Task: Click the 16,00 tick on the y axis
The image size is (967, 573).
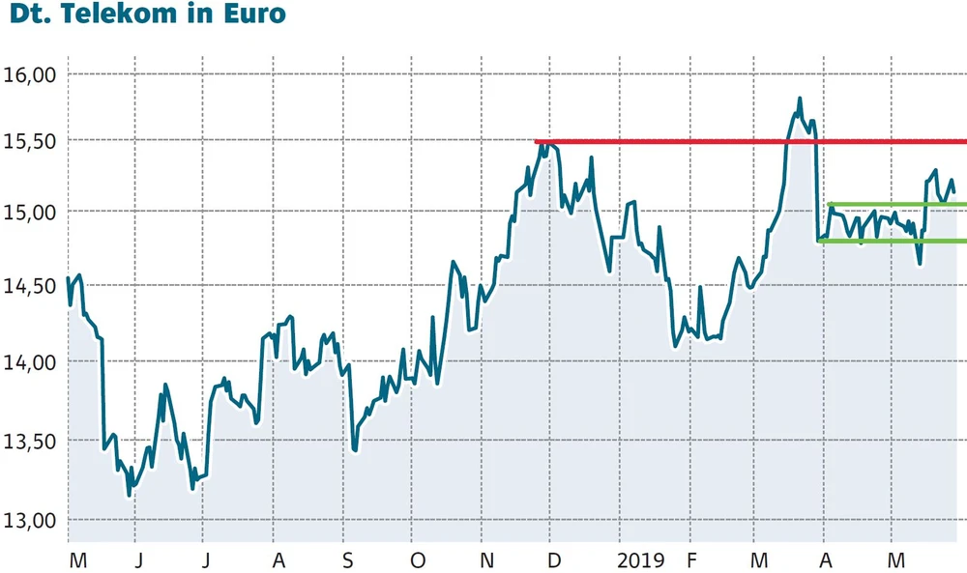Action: (x=33, y=74)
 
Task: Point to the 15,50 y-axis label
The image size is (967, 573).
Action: (x=33, y=140)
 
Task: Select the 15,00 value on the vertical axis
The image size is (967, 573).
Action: (x=33, y=212)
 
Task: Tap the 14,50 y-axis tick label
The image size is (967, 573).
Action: (x=33, y=285)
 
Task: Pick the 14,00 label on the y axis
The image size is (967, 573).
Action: (x=33, y=361)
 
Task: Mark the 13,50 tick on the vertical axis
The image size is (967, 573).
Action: (x=33, y=441)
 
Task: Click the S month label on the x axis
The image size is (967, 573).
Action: (x=349, y=560)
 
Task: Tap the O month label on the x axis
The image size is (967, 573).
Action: (x=417, y=560)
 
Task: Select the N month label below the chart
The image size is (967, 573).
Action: (x=487, y=560)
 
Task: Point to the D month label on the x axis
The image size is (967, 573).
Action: (x=553, y=560)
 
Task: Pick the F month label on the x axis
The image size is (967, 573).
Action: (x=692, y=560)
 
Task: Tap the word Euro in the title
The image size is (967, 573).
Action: (x=254, y=16)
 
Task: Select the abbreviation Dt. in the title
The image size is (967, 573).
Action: (x=28, y=16)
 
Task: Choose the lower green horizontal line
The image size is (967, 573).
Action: (x=890, y=242)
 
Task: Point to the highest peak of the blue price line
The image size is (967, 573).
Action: (x=800, y=99)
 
